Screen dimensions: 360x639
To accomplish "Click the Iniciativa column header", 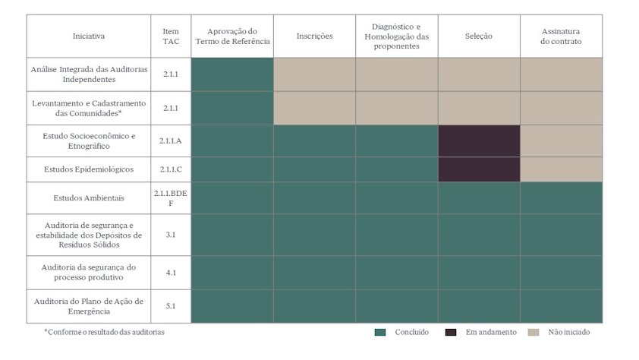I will point(89,36).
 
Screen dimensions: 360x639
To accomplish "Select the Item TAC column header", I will point(171,36).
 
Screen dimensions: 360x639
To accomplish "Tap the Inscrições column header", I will point(314,36).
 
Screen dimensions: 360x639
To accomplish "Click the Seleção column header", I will point(478,36).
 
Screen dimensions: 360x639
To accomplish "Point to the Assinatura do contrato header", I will point(561,36).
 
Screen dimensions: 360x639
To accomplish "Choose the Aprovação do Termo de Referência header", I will point(232,36).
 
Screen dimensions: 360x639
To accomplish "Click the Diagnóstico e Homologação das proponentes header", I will point(396,36).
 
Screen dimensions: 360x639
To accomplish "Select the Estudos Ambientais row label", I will point(89,197).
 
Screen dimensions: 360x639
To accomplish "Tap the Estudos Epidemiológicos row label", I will point(89,169).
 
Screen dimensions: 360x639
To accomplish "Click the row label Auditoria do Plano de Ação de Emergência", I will point(89,306).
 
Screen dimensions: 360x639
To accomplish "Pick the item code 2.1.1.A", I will point(171,141).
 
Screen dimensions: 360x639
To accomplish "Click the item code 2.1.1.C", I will point(171,169).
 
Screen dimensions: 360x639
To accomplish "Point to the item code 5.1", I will point(171,306).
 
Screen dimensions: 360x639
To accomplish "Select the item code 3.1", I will point(171,235).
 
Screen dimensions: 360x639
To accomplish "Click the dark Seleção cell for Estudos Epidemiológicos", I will point(479,169).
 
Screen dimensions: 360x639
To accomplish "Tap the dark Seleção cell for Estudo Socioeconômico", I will point(479,141).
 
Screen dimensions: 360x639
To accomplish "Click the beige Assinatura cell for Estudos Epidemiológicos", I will point(561,169).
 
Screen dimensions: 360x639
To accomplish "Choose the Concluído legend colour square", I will point(380,332).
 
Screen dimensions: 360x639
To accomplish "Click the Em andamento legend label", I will point(491,332).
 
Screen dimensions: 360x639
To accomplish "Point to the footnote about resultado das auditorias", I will point(105,332).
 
